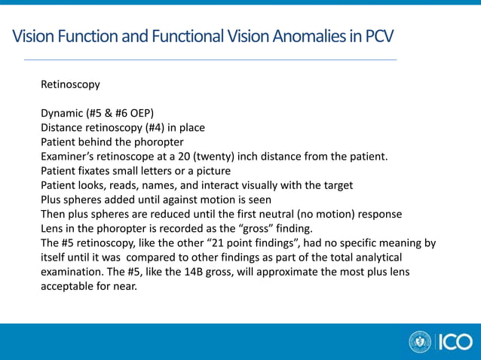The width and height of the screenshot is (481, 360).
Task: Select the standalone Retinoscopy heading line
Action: click(x=70, y=85)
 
